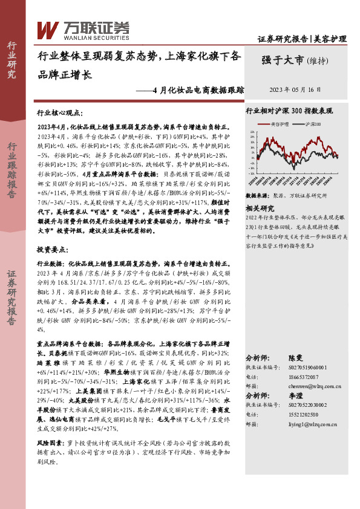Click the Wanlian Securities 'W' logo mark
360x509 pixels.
[48, 28]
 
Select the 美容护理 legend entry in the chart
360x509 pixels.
[280, 124]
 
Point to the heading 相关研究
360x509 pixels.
[261, 208]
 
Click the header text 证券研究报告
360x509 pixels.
[283, 39]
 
